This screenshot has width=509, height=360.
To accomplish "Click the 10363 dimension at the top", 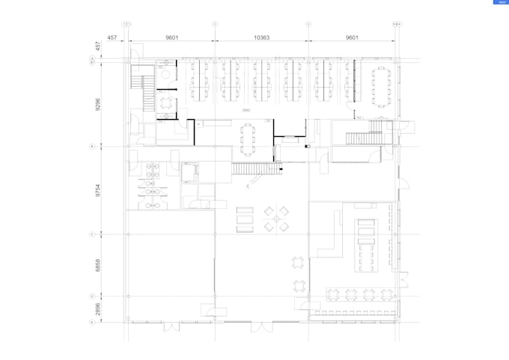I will click(261, 37).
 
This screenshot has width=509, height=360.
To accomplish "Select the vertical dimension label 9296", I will click(97, 103).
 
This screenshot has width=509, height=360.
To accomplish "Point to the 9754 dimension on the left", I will click(97, 190).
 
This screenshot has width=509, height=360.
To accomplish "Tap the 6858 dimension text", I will click(97, 265).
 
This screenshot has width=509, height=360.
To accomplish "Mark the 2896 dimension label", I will click(97, 308).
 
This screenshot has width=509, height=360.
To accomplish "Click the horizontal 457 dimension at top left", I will click(112, 37).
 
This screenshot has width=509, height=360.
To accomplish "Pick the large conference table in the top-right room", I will click(382, 85).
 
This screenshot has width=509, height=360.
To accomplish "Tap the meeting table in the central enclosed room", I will click(248, 138).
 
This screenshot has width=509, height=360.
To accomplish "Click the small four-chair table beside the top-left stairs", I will click(165, 102).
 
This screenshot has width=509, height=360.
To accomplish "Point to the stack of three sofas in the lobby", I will click(245, 220).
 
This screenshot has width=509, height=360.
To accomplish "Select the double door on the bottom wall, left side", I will click(172, 326).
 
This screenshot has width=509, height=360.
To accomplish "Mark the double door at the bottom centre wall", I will click(262, 326).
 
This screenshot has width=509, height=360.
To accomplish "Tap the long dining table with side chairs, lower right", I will click(367, 243).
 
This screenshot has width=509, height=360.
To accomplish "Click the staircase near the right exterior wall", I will click(365, 138).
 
